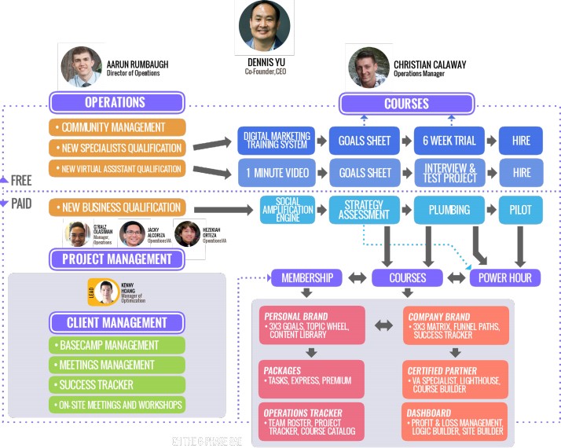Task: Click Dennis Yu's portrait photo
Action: tap(265, 26)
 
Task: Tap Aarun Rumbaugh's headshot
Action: tap(82, 66)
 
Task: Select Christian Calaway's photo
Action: tap(368, 68)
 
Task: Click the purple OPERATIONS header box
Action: tap(116, 102)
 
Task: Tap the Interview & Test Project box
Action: tap(450, 172)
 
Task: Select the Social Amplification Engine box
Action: tap(291, 210)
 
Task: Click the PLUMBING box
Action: tap(449, 210)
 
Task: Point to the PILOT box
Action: tap(520, 210)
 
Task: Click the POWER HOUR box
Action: tap(505, 277)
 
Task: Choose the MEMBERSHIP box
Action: tap(307, 277)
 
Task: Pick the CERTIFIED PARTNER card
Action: tap(457, 378)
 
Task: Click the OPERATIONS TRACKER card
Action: tap(311, 420)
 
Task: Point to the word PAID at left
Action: tap(21, 204)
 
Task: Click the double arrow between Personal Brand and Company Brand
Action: tap(384, 325)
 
